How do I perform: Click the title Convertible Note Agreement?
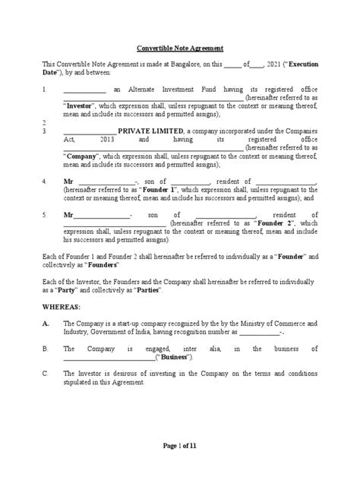(x=180, y=46)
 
